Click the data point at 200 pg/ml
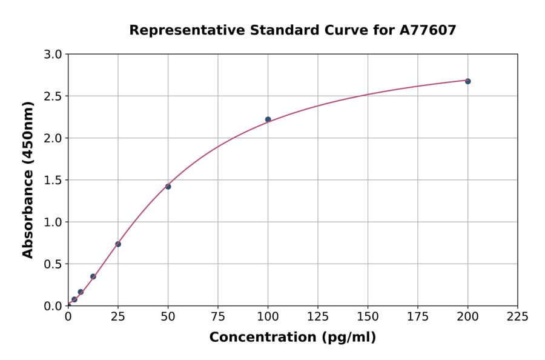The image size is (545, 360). [x=467, y=81]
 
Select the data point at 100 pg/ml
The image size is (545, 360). [x=268, y=119]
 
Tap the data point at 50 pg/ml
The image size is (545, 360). [x=168, y=187]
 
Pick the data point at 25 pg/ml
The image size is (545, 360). [x=118, y=244]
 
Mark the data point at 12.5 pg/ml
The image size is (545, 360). [x=93, y=276]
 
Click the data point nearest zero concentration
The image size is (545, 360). [x=74, y=299]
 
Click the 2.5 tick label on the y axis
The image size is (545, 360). [x=53, y=96]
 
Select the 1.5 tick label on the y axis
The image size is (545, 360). [x=53, y=180]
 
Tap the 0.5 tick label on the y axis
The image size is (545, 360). [x=53, y=264]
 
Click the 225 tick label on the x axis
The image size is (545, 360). [x=517, y=316]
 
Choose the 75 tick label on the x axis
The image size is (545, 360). [x=218, y=316]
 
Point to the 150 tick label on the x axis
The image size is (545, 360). [x=368, y=316]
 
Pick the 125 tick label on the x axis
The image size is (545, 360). [x=318, y=316]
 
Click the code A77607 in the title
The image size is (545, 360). [x=428, y=30]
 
